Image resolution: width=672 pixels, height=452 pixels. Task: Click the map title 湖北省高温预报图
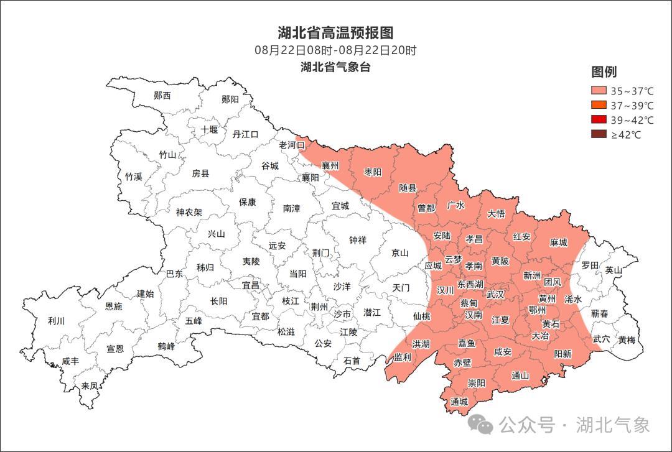pyautogui.click(x=335, y=33)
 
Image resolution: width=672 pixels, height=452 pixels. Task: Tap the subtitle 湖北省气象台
pyautogui.click(x=335, y=67)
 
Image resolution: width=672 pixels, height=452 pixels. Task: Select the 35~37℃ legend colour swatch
pyautogui.click(x=599, y=90)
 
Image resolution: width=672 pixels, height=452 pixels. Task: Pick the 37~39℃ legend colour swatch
pyautogui.click(x=599, y=105)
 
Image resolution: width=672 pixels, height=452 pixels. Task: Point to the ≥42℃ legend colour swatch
pyautogui.click(x=599, y=134)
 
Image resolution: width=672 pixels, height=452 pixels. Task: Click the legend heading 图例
pyautogui.click(x=604, y=71)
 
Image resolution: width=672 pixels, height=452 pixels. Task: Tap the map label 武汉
pyautogui.click(x=495, y=294)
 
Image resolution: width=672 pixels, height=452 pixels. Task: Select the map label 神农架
pyautogui.click(x=189, y=212)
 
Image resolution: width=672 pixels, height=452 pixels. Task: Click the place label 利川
pyautogui.click(x=56, y=321)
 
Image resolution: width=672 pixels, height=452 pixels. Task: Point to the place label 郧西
pyautogui.click(x=162, y=96)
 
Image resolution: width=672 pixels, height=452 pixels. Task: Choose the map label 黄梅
pyautogui.click(x=627, y=340)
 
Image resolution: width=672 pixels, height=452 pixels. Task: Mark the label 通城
pyautogui.click(x=459, y=402)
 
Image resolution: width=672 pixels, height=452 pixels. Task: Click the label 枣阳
pyautogui.click(x=373, y=172)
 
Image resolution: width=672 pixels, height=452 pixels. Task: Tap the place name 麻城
pyautogui.click(x=559, y=242)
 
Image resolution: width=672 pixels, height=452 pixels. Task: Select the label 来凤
pyautogui.click(x=90, y=385)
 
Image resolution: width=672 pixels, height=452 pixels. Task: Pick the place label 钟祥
pyautogui.click(x=358, y=240)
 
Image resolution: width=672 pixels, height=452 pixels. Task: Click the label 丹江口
pyautogui.click(x=245, y=134)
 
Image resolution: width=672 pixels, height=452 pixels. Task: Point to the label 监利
pyautogui.click(x=403, y=357)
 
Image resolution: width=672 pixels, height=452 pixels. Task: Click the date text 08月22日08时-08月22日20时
pyautogui.click(x=335, y=50)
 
